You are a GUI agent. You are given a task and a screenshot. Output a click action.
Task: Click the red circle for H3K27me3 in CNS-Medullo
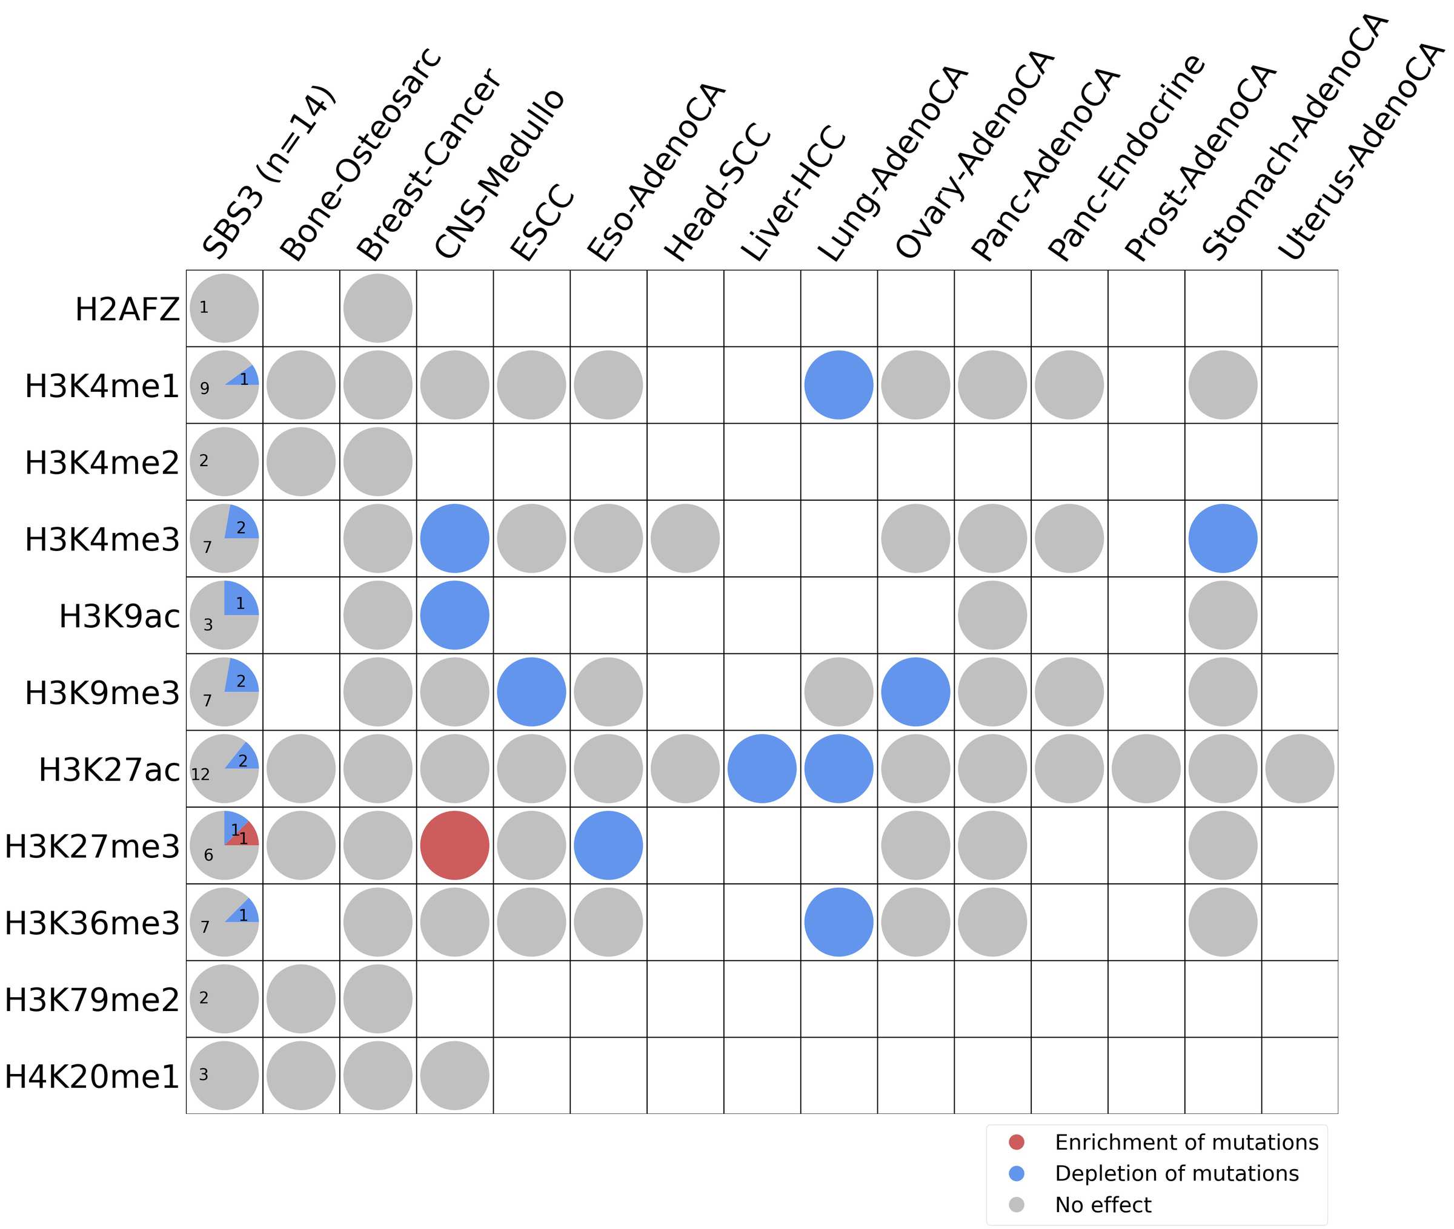click(454, 845)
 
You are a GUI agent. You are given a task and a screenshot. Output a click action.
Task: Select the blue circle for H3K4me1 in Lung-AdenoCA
click(838, 384)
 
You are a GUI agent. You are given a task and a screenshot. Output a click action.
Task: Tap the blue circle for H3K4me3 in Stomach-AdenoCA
click(1223, 539)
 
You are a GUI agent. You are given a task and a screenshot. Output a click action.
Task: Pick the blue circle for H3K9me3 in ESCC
click(531, 692)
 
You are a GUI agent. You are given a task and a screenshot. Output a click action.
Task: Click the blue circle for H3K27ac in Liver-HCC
click(762, 768)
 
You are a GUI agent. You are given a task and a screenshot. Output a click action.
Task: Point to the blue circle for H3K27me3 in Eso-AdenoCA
click(608, 845)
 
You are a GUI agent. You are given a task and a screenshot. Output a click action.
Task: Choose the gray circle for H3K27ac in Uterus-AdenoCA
click(1300, 768)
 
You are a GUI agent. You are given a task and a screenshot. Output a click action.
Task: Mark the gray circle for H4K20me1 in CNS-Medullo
click(454, 1075)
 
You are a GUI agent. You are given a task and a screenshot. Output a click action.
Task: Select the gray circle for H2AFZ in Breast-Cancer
click(378, 308)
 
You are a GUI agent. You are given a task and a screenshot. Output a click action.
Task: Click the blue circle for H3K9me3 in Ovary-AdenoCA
click(915, 692)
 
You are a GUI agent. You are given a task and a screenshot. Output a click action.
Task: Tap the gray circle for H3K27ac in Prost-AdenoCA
click(1146, 768)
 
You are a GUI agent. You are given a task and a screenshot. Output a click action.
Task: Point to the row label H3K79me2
click(92, 1000)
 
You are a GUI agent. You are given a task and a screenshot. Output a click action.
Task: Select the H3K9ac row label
click(119, 616)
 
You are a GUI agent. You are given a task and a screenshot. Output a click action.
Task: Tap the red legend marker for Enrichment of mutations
click(1016, 1142)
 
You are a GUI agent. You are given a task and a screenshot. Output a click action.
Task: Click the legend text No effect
click(1103, 1205)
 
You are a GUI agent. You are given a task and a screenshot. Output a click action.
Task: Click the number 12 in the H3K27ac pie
click(200, 774)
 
